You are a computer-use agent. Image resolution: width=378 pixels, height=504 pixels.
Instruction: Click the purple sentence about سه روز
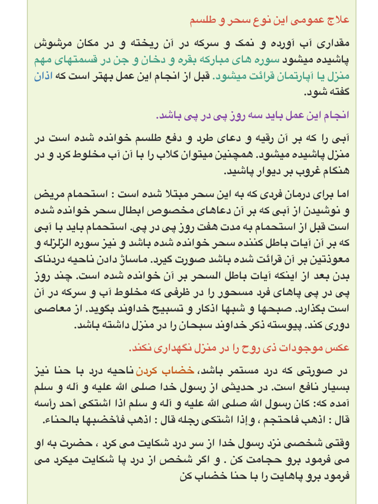tap(252, 115)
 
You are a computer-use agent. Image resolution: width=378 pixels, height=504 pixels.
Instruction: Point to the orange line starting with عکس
tap(239, 348)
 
